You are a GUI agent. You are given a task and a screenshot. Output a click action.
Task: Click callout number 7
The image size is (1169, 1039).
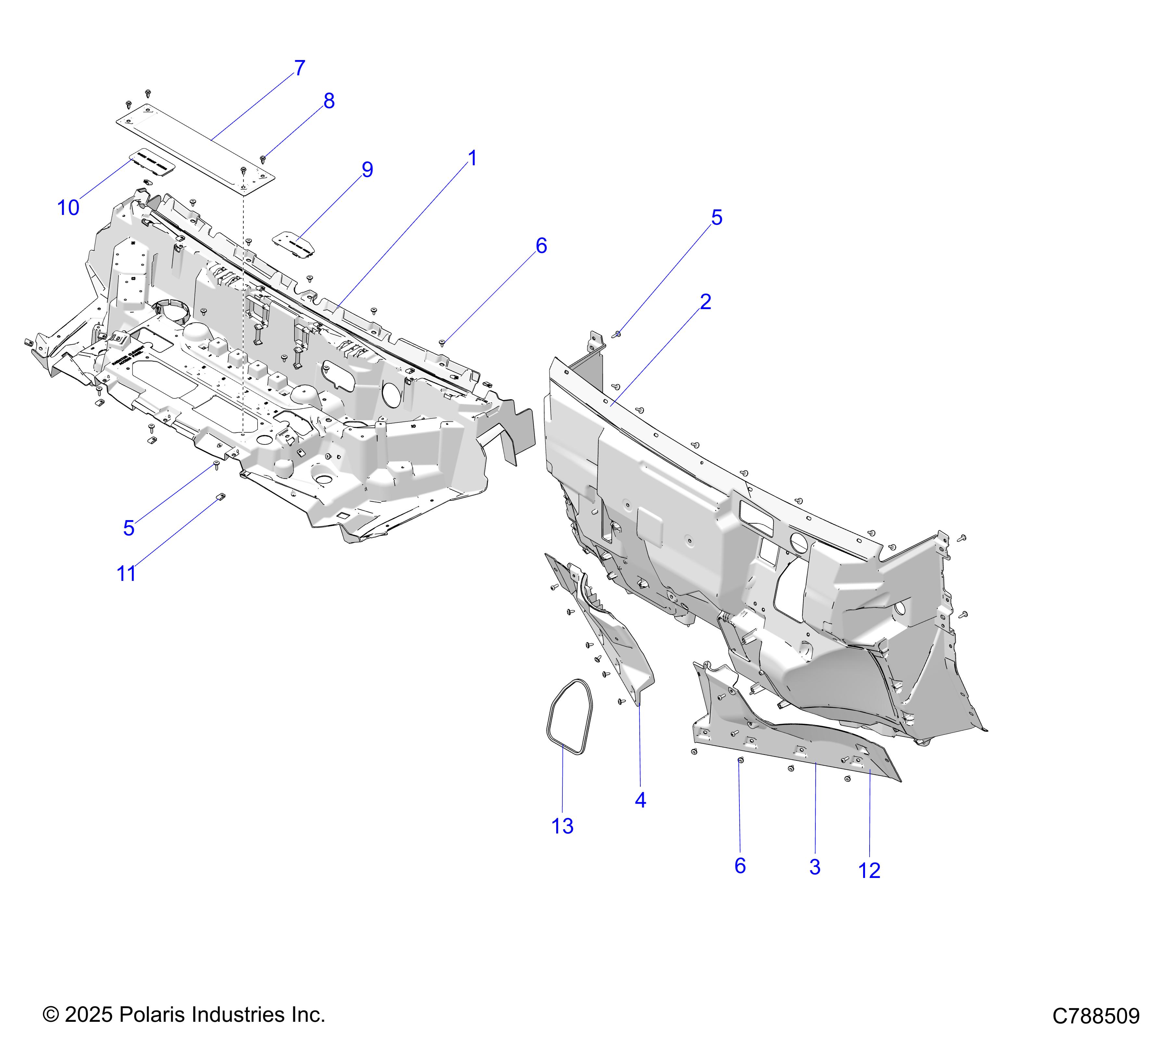coord(300,68)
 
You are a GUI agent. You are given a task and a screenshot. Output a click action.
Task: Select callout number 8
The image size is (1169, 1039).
coord(329,101)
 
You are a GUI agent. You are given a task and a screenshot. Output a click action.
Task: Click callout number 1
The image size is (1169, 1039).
coord(472,158)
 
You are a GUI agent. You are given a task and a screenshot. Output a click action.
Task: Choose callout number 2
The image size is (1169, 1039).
coord(705,302)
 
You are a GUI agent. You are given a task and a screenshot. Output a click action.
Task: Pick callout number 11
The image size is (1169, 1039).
coord(126,573)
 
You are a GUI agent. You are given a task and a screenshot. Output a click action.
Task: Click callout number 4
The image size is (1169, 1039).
coord(641,801)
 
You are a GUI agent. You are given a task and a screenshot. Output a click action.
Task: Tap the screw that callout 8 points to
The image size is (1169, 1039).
coord(263,159)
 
